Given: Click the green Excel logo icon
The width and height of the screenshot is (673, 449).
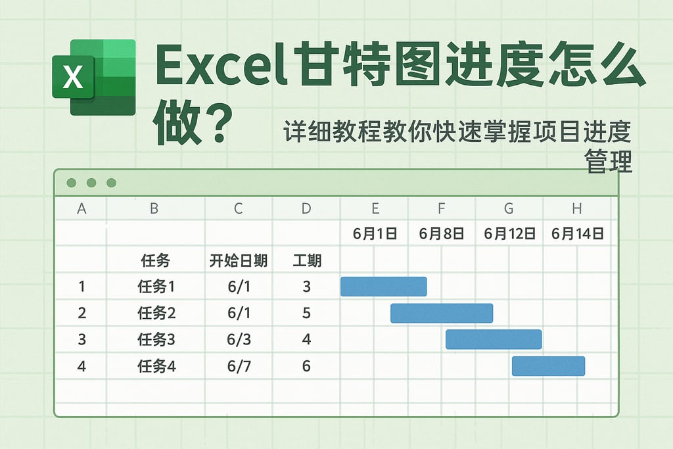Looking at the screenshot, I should [x=93, y=78].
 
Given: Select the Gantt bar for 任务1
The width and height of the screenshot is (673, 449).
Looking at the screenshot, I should [x=383, y=287].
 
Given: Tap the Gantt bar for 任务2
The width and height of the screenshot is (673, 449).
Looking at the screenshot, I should [x=442, y=313].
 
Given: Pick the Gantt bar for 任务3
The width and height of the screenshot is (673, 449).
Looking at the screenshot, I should [x=494, y=339].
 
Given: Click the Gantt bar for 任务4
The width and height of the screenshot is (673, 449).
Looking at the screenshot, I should [x=548, y=366].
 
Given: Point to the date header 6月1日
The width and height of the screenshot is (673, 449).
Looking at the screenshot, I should [x=375, y=233].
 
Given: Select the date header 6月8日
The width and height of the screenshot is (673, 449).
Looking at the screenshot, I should [x=441, y=233].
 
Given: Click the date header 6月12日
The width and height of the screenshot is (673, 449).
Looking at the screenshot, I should [x=509, y=233].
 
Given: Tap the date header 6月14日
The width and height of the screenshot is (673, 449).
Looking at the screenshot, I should [x=577, y=233].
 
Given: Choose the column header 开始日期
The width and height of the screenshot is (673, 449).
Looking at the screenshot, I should [x=238, y=261].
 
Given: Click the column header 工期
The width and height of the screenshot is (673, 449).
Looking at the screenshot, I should [x=306, y=261].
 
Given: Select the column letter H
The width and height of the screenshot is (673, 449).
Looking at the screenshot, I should [x=576, y=209].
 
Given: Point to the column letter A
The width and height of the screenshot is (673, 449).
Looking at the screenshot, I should [x=81, y=209].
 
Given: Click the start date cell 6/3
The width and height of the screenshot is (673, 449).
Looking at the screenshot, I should [x=239, y=340].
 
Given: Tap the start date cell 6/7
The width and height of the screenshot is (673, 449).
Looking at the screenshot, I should [x=239, y=366].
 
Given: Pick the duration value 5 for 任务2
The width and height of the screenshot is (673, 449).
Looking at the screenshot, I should [x=306, y=313].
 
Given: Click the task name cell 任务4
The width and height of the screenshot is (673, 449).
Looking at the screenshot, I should [x=156, y=366].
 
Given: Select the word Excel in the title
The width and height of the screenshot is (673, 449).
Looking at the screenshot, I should [x=221, y=67].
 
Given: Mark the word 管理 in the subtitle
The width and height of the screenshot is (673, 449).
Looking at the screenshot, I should [x=609, y=161].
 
